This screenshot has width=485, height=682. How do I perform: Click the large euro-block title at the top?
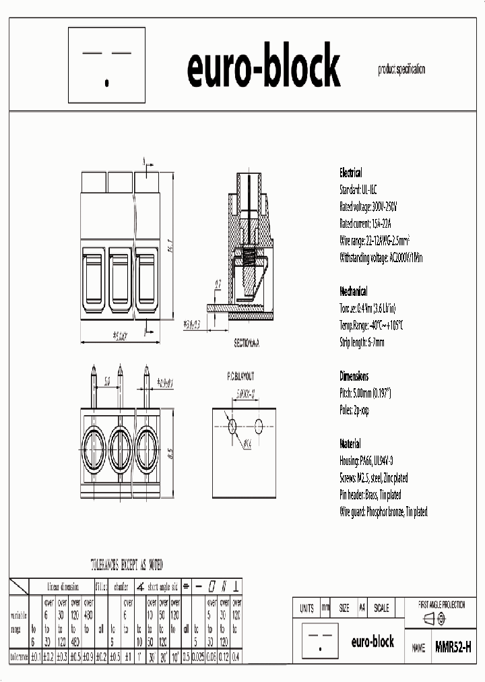pyautogui.click(x=263, y=67)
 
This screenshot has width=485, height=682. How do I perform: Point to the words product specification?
pyautogui.click(x=401, y=69)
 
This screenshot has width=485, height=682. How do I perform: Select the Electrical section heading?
pyautogui.click(x=351, y=173)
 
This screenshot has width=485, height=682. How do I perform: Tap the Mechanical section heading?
pyautogui.click(x=354, y=292)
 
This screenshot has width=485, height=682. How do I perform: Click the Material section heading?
pyautogui.click(x=350, y=444)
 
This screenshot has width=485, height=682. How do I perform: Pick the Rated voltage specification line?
pyautogui.click(x=368, y=207)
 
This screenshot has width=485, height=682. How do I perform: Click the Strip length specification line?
pyautogui.click(x=362, y=342)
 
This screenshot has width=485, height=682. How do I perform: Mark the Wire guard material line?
pyautogui.click(x=383, y=512)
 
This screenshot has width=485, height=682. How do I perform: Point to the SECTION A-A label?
pyautogui.click(x=247, y=343)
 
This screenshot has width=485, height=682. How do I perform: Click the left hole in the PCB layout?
pyautogui.click(x=233, y=425)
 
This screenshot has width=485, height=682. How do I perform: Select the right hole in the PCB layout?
pyautogui.click(x=259, y=425)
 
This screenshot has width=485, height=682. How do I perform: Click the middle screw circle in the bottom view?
pyautogui.click(x=120, y=445)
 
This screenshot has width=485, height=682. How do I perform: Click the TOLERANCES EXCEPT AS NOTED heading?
pyautogui.click(x=127, y=564)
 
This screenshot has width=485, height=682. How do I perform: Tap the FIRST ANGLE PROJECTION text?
pyautogui.click(x=442, y=605)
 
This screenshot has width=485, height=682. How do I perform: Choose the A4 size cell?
pyautogui.click(x=362, y=608)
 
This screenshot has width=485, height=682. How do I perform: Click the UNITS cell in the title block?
pyautogui.click(x=306, y=608)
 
